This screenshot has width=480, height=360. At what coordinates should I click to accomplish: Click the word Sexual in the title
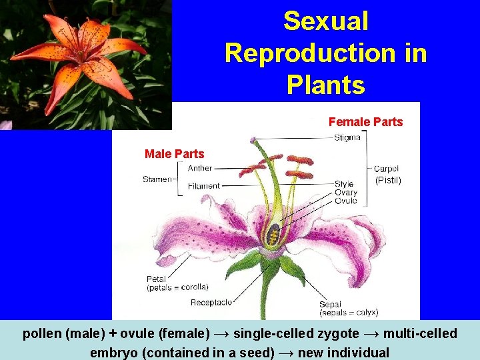325,21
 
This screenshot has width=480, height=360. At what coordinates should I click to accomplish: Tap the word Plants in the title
325,85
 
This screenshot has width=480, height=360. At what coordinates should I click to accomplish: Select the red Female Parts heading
365,122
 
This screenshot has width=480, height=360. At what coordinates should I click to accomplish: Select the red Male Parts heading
175,154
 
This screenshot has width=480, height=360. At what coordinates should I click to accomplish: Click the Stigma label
347,138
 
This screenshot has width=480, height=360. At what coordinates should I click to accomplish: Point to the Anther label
200,169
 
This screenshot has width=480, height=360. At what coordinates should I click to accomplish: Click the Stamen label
157,179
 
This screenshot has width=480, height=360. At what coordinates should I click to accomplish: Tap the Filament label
203,186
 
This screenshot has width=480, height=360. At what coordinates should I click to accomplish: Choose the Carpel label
387,169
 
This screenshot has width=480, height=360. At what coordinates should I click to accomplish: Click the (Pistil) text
388,181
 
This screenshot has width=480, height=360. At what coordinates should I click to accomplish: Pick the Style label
344,184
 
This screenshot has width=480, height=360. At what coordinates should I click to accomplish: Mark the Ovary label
345,193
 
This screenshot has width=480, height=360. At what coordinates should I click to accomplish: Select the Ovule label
345,201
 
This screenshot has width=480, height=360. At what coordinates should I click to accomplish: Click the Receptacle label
211,303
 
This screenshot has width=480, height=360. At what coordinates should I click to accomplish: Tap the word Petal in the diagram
157,279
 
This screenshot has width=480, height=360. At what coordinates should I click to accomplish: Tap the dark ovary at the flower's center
272,235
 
